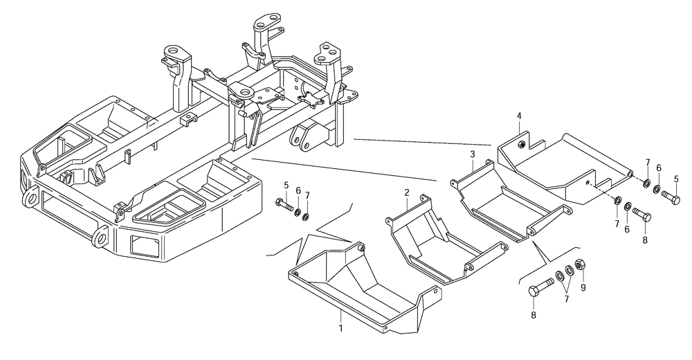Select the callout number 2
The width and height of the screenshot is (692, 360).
[407, 193]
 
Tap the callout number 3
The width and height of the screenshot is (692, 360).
[472, 154]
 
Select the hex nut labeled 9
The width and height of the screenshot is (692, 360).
[581, 264]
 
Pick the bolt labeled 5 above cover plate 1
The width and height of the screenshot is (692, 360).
[283, 205]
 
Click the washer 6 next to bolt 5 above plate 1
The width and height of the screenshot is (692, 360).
[296, 210]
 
